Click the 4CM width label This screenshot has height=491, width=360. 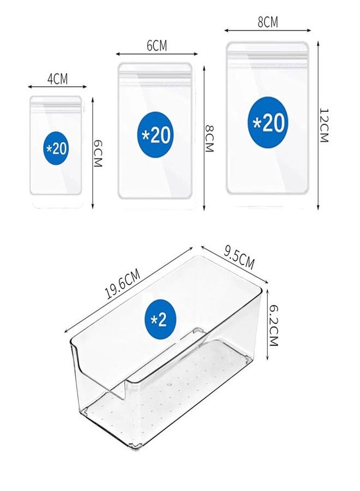point(57,79)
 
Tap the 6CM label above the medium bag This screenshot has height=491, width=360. point(157,46)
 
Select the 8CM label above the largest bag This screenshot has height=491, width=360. point(268,22)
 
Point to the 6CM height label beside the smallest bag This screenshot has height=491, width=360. point(98,153)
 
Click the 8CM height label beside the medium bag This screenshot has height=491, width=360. point(209,138)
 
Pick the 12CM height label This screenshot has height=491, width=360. point(323,125)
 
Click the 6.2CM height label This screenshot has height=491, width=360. point(273,326)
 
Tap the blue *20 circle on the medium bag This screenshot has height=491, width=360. point(155,135)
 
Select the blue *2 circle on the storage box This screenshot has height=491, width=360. point(160,319)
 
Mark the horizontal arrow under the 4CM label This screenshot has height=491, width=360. point(57,87)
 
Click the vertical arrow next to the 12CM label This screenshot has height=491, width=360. point(319,125)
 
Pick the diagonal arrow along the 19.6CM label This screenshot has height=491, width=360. point(128,290)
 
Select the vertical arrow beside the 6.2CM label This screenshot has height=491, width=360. point(268,325)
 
